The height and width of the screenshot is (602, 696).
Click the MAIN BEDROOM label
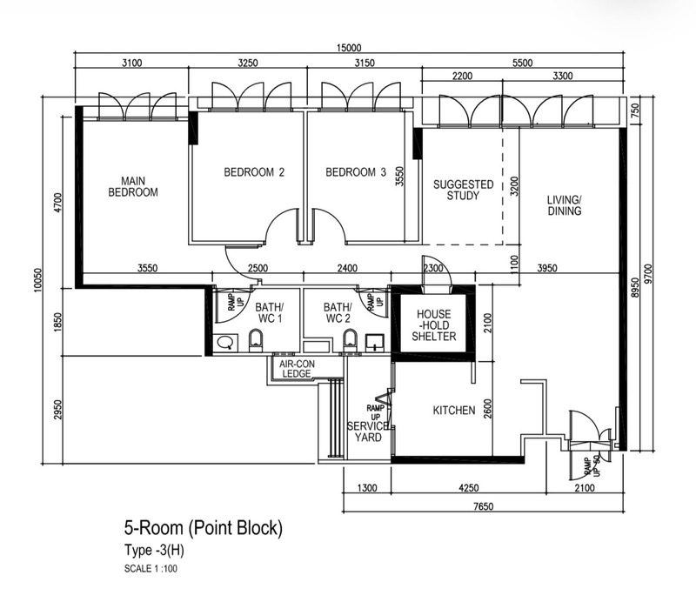[x=133, y=186]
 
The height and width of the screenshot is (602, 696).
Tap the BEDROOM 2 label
[x=254, y=172]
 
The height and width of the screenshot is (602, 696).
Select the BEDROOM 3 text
[x=356, y=172]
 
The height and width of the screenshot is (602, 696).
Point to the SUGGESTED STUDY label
[x=464, y=190]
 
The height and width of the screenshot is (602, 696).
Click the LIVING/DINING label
[x=564, y=205]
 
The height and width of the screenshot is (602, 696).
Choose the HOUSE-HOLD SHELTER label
[x=433, y=325]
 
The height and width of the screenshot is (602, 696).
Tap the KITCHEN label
[x=454, y=411]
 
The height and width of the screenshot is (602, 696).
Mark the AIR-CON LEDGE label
[x=297, y=369]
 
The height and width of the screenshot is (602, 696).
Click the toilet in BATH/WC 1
[x=255, y=340]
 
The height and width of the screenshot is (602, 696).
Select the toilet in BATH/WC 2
[x=351, y=340]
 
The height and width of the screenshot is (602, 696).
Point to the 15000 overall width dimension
[x=349, y=48]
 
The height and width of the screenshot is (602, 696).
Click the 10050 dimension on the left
[x=37, y=280]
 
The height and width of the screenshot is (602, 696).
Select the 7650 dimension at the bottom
[x=484, y=506]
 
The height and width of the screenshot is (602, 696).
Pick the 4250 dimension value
[x=468, y=488]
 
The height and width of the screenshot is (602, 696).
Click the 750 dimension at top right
[x=635, y=110]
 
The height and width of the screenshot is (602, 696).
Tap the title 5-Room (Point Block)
[x=204, y=528]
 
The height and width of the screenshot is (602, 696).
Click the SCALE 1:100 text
[x=151, y=569]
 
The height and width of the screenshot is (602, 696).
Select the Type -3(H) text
[x=154, y=550]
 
